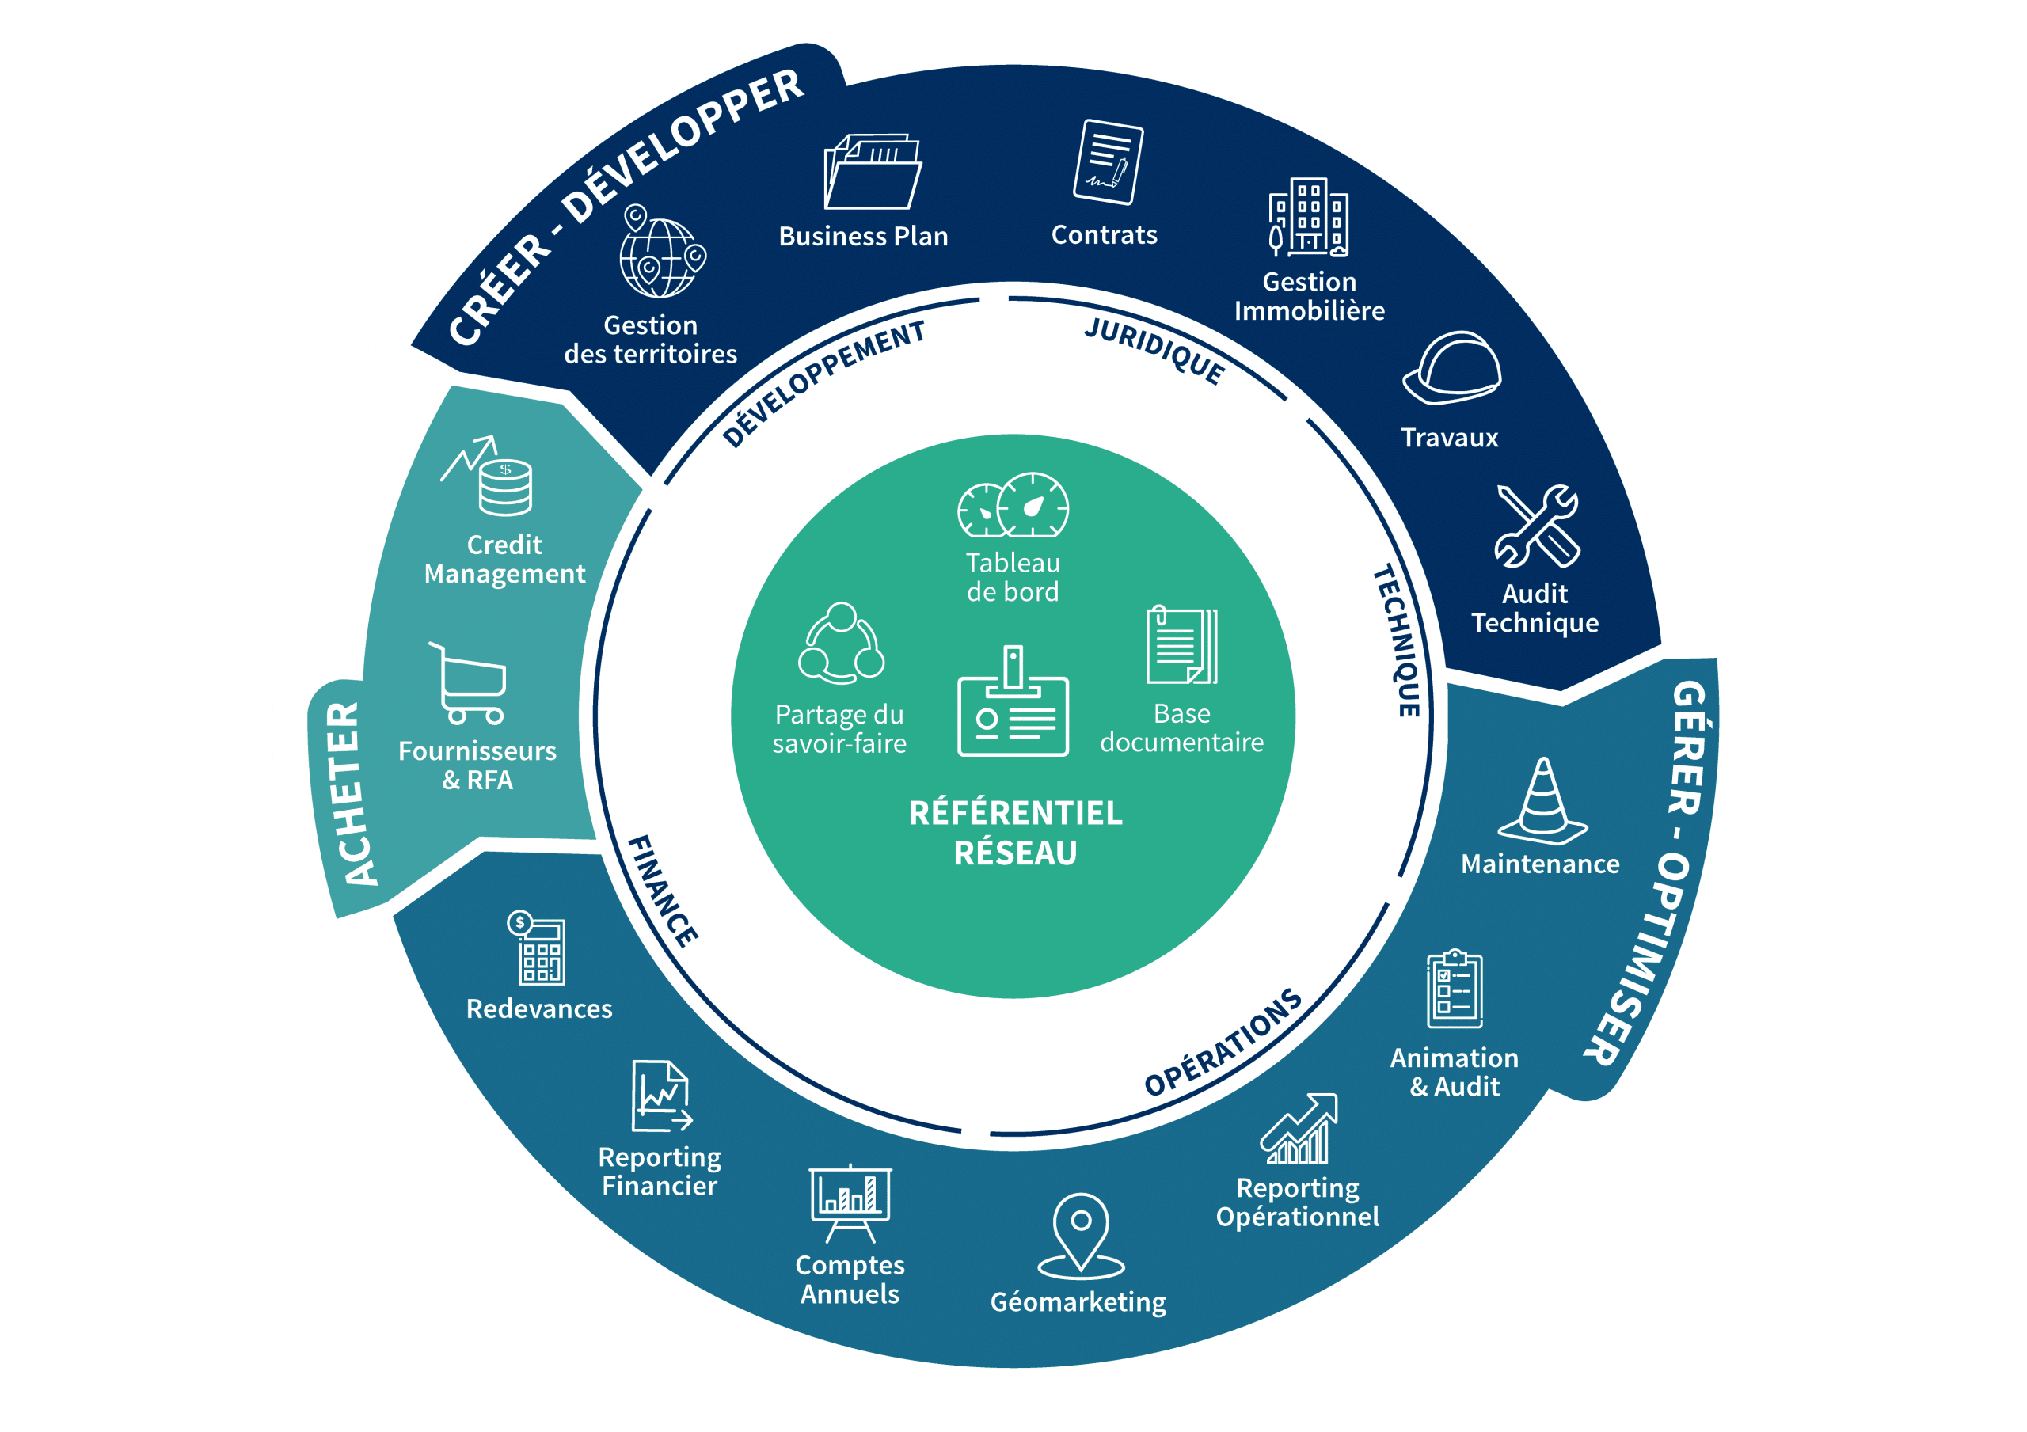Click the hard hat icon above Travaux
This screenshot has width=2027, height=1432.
pos(1452,369)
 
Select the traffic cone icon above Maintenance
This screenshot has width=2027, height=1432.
pos(1542,802)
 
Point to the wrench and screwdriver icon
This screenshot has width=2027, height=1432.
pos(1536,526)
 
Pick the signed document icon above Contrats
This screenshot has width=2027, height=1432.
pos(1108,162)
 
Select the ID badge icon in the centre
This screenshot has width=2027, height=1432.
pos(1013,704)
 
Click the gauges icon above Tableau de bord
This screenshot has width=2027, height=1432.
pos(1013,506)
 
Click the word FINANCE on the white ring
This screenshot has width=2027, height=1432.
pos(662,891)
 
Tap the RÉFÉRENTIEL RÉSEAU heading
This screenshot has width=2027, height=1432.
pos(1015,833)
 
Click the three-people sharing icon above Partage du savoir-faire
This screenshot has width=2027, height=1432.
pos(842,644)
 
